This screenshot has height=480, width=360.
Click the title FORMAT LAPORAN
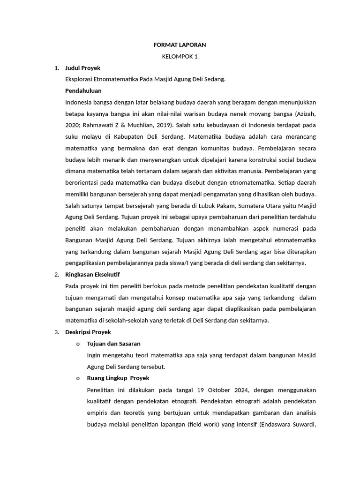pyautogui.click(x=180, y=45)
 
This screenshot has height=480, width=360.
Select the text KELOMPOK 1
pyautogui.click(x=180, y=56)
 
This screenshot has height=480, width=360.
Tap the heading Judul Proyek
pyautogui.click(x=83, y=68)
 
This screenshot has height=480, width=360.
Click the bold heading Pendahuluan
pyautogui.click(x=83, y=90)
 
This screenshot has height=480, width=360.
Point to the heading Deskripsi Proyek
pyautogui.click(x=88, y=332)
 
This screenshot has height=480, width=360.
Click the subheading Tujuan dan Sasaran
pyautogui.click(x=114, y=344)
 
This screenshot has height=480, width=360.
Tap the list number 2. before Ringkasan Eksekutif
pyautogui.click(x=57, y=274)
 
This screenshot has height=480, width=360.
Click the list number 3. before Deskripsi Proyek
pyautogui.click(x=57, y=332)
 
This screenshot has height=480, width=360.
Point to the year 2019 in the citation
pyautogui.click(x=162, y=125)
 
